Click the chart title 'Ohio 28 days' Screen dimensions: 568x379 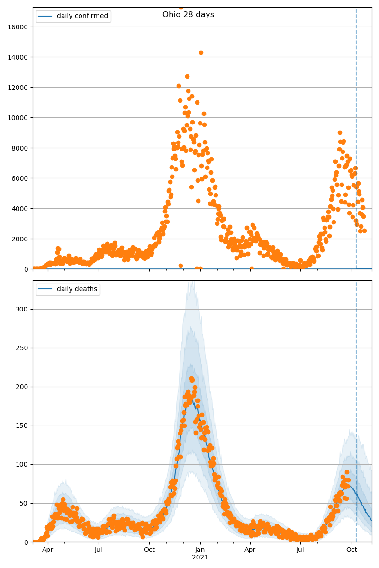tap(188, 15)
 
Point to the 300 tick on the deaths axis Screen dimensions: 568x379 tap(22, 310)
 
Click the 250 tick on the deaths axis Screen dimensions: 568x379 tap(22, 348)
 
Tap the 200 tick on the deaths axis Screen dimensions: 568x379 tap(22, 387)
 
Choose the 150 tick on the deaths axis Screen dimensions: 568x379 tap(22, 426)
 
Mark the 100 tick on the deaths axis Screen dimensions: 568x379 tap(22, 465)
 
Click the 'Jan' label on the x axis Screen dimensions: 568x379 tap(200, 550)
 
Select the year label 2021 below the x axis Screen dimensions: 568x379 tap(200, 558)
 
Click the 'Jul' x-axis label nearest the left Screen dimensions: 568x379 tap(98, 550)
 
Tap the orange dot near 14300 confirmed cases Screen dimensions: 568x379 tap(201, 53)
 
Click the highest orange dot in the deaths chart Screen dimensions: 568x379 tap(191, 379)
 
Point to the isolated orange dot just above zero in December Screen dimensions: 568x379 tap(180, 266)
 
